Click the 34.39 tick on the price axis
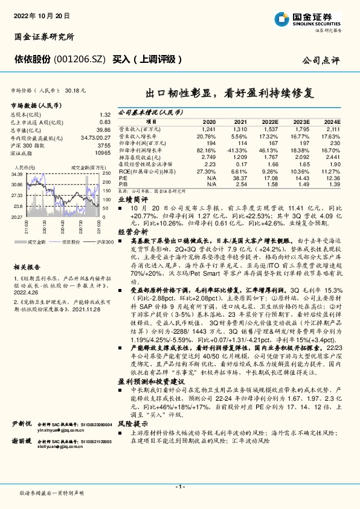point(16,174)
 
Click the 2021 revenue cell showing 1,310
point(240,129)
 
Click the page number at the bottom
point(179,487)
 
